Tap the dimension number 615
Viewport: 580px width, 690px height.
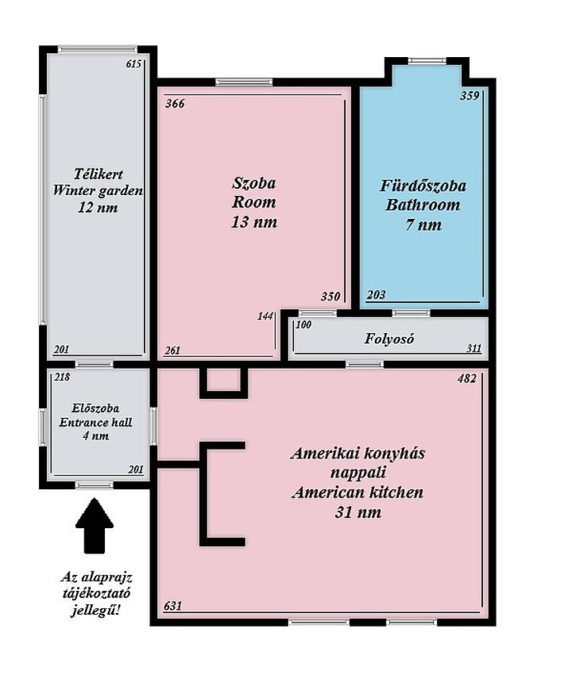click(134, 64)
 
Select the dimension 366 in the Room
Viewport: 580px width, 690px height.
click(175, 103)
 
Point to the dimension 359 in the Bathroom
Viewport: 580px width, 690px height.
click(470, 96)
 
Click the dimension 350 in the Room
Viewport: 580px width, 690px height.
click(330, 296)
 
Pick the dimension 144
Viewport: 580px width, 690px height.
click(265, 316)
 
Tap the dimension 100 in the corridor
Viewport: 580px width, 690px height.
click(304, 325)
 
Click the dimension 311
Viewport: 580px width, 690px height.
click(474, 348)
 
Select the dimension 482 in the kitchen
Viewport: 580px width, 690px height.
click(467, 379)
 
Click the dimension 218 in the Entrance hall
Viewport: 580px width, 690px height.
click(62, 377)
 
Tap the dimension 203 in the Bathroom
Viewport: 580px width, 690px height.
click(376, 295)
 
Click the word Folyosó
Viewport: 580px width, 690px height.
click(389, 339)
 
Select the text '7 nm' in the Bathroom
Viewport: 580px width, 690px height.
click(424, 225)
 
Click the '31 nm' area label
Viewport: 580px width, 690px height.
click(358, 512)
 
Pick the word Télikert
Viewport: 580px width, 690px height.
click(98, 174)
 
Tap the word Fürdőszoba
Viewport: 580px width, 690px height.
click(423, 186)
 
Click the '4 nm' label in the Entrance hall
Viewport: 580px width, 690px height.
click(96, 436)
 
